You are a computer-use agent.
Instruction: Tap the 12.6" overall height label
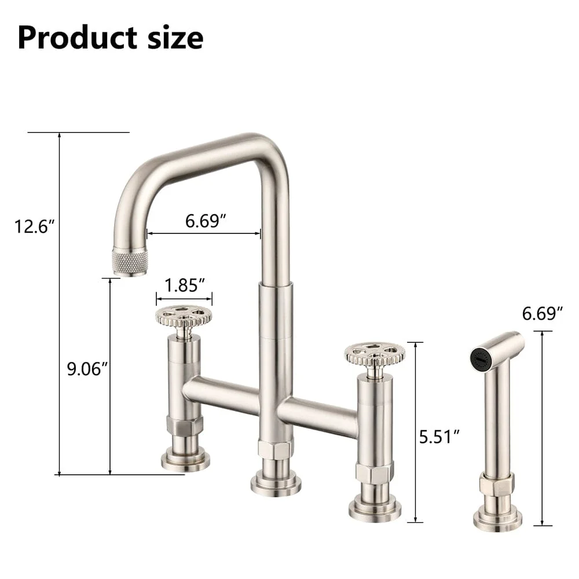pyautogui.click(x=35, y=225)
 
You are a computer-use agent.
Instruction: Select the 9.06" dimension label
pyautogui.click(x=87, y=368)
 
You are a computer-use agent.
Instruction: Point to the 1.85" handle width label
pyautogui.click(x=185, y=285)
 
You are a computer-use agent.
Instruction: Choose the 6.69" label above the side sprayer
pyautogui.click(x=543, y=313)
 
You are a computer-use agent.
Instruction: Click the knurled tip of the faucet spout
pyautogui.click(x=130, y=262)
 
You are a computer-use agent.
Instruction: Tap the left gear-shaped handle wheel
pyautogui.click(x=184, y=316)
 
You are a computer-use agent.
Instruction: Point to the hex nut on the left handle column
pyautogui.click(x=185, y=426)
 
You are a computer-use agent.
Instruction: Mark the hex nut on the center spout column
pyautogui.click(x=275, y=449)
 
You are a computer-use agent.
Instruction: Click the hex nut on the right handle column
pyautogui.click(x=374, y=474)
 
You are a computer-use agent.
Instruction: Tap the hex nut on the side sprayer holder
pyautogui.click(x=497, y=485)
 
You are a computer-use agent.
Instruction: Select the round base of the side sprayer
pyautogui.click(x=497, y=519)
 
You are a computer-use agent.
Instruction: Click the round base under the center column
pyautogui.click(x=276, y=483)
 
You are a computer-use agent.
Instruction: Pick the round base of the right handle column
pyautogui.click(x=375, y=509)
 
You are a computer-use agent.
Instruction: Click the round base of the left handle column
pyautogui.click(x=185, y=460)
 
